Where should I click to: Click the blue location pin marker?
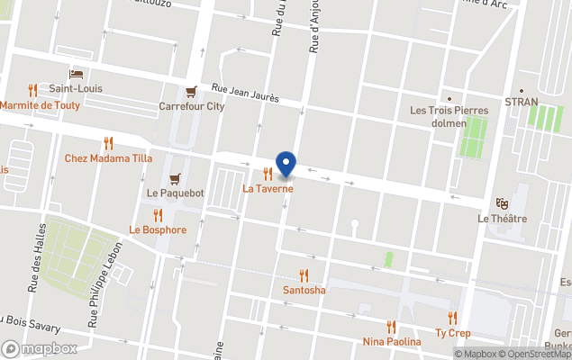[x=286, y=164]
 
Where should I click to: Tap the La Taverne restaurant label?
[x=268, y=189]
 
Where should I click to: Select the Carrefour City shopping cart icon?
[x=191, y=92]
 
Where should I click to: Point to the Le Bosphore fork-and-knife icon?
[x=158, y=215]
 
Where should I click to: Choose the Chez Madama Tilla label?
[x=108, y=158]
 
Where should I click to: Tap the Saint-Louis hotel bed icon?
[x=76, y=74]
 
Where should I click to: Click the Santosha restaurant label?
[x=304, y=290]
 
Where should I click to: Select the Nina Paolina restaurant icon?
[x=391, y=327]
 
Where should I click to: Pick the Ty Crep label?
[x=452, y=332]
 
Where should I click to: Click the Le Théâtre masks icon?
[x=502, y=203]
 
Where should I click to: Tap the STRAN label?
[x=521, y=102]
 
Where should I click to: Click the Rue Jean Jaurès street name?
[x=245, y=92]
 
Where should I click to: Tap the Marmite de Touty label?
[x=40, y=105]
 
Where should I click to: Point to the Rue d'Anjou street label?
[x=314, y=31]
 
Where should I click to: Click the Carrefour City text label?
[x=191, y=106]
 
